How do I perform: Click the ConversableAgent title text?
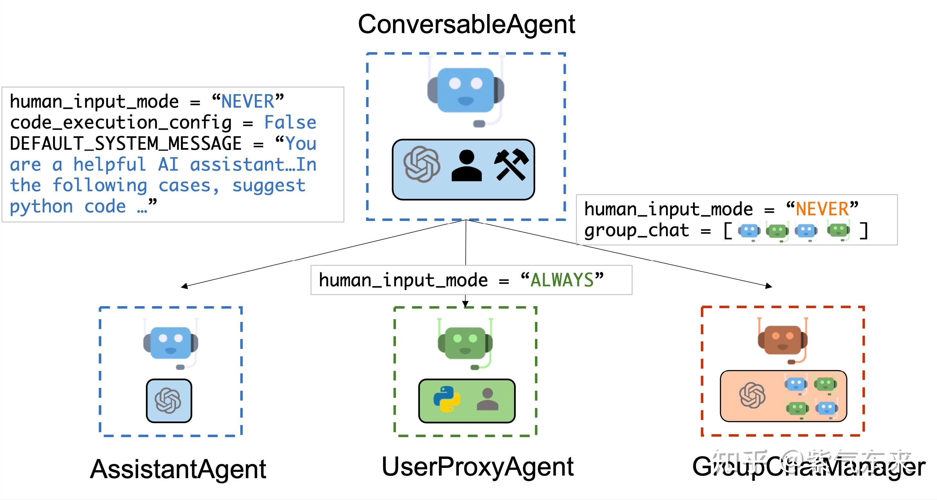(x=466, y=24)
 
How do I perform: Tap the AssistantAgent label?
(x=178, y=469)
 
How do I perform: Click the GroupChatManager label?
(x=808, y=467)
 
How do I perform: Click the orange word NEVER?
(x=822, y=210)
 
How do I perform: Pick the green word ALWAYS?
(x=562, y=280)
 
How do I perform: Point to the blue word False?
(x=290, y=122)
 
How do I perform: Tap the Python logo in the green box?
(x=447, y=399)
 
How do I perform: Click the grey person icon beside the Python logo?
(x=487, y=399)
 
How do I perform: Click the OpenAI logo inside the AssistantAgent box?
(x=168, y=400)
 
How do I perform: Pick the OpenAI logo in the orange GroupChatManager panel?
(x=752, y=395)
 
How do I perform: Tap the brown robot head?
(x=782, y=340)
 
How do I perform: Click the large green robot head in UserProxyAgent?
(x=465, y=343)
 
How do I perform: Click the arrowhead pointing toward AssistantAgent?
(x=184, y=286)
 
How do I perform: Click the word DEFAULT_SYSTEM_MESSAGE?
(x=126, y=143)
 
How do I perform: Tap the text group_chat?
(x=637, y=230)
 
